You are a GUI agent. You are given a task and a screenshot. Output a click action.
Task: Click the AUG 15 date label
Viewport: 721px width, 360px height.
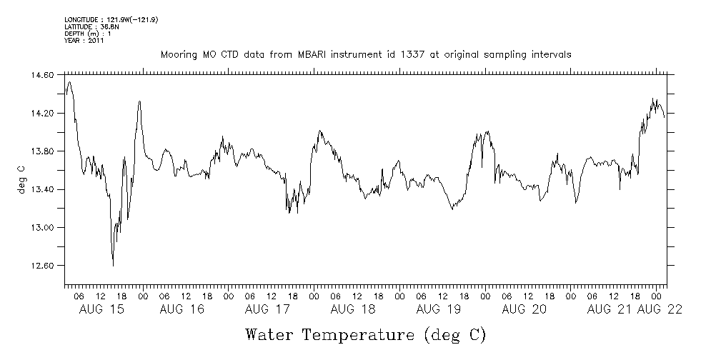point(98,309)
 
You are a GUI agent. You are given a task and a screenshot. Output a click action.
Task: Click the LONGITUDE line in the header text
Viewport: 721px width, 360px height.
point(111,19)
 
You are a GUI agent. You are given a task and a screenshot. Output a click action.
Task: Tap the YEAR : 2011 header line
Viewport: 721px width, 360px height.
point(84,41)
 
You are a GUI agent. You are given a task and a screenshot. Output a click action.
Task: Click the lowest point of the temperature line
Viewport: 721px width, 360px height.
point(113,266)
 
